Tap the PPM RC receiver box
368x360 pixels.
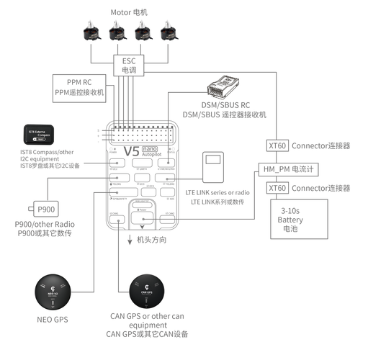tap(80, 87)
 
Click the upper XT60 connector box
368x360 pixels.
tap(277, 145)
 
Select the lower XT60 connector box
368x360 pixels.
tap(277, 188)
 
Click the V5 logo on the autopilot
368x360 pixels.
tap(131, 152)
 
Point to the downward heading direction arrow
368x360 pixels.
tap(130, 240)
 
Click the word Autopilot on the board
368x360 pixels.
tap(151, 156)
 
